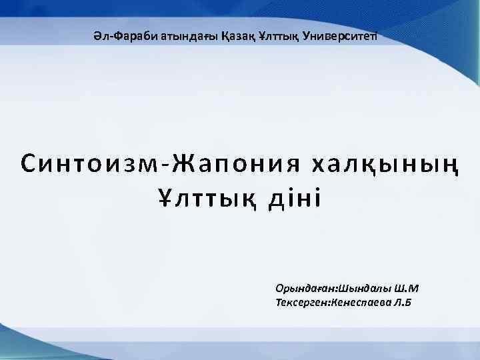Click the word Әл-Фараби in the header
[116, 35]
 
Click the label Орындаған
[306, 289]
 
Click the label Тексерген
[306, 303]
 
